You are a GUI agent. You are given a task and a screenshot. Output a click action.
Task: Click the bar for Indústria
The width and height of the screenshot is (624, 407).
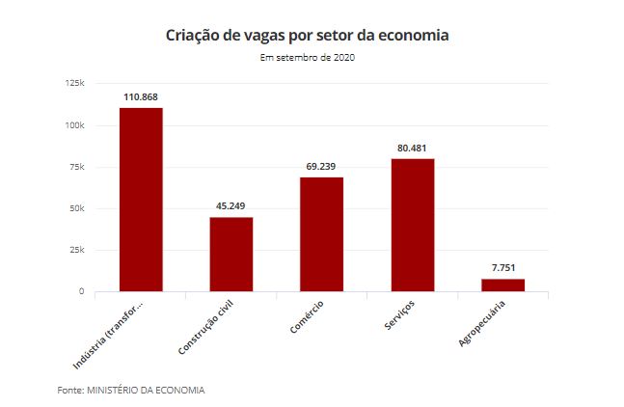point(141,199)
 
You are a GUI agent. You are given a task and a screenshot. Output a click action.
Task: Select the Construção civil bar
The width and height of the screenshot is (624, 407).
point(231,254)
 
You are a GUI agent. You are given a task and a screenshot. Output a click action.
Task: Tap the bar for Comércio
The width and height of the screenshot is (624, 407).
point(321,233)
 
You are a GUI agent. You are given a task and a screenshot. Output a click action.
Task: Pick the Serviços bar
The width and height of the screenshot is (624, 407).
point(412,224)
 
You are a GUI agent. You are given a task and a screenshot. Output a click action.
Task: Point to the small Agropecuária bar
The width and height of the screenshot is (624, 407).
point(502,285)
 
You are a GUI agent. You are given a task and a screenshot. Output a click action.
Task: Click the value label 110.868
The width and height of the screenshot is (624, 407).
point(141,97)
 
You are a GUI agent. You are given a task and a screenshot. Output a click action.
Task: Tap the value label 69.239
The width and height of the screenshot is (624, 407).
point(321,167)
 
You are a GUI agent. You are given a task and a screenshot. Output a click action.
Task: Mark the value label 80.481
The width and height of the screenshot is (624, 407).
point(412,149)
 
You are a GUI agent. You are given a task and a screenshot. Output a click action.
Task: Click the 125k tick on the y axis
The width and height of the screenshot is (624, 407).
point(75,84)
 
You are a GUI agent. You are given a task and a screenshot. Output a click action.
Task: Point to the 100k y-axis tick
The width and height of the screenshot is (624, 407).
point(75,125)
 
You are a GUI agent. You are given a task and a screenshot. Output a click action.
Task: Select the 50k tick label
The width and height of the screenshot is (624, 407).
point(77,208)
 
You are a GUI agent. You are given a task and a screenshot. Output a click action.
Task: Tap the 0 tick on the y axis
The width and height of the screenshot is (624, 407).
point(82,291)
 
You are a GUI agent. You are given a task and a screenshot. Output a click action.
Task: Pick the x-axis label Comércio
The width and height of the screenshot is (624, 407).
point(307,317)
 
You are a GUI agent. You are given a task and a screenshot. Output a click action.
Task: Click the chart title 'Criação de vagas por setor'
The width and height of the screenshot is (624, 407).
point(308,36)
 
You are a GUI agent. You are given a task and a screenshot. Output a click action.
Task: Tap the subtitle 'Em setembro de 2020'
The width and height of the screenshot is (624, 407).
point(308,58)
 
